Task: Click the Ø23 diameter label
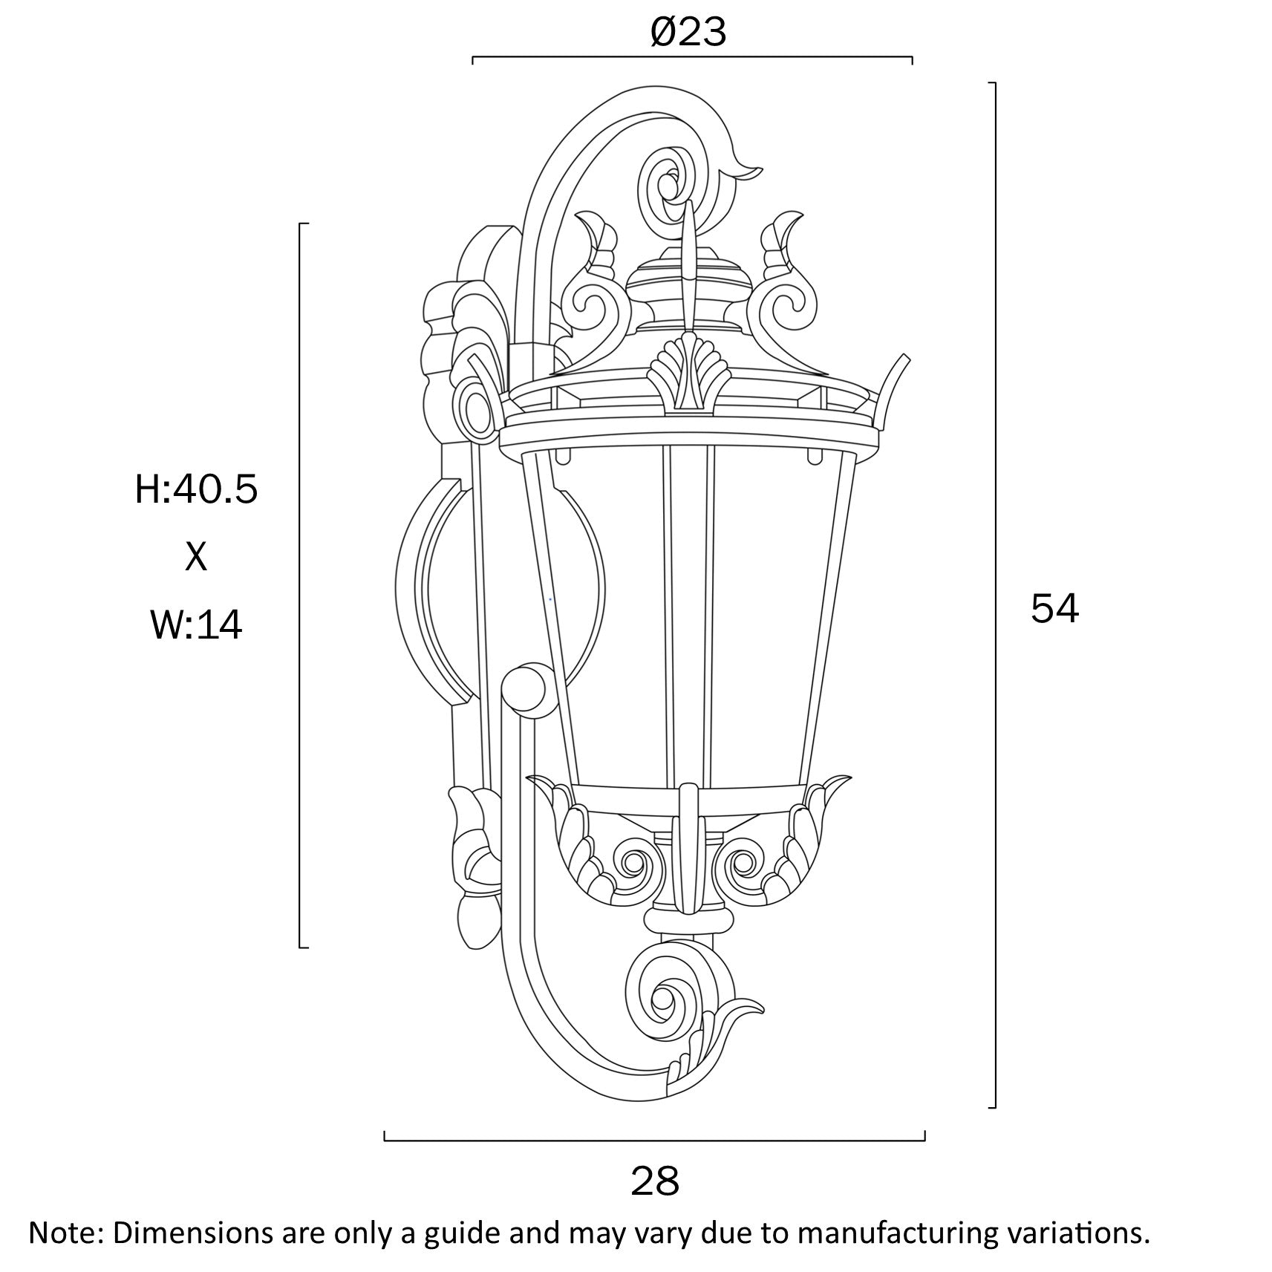688,33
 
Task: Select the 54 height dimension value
1054,609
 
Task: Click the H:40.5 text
196,490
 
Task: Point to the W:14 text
196,624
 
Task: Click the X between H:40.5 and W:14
196,557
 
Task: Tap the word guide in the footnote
466,1233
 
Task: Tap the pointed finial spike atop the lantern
690,260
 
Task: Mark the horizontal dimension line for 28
653,1140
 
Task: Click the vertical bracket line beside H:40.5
300,587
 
